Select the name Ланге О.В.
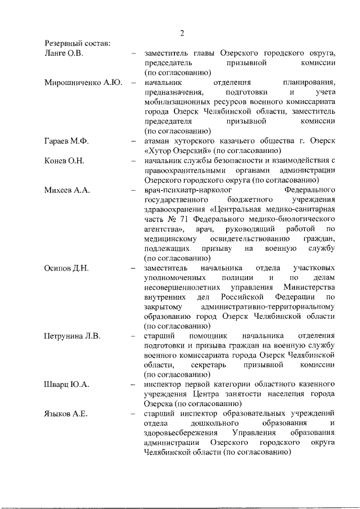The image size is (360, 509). pos(64,53)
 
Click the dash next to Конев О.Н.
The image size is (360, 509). pos(133,161)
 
